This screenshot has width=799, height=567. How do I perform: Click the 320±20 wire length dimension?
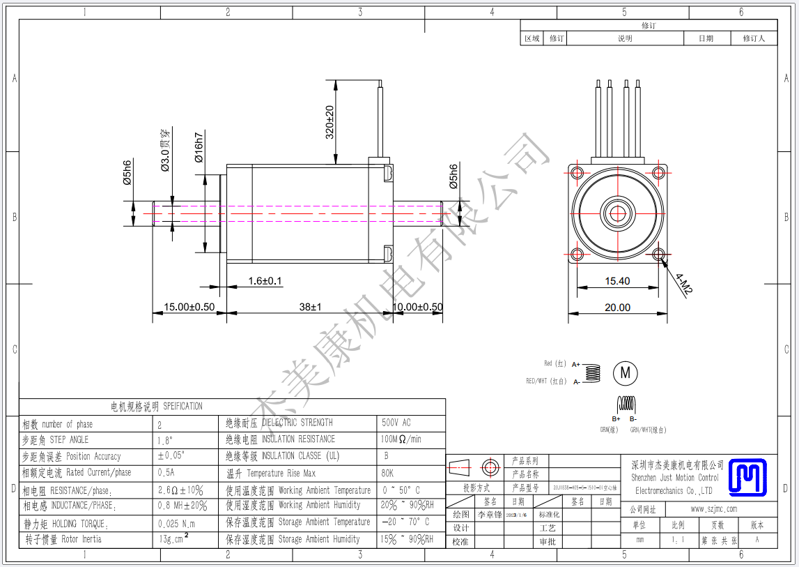pos(329,122)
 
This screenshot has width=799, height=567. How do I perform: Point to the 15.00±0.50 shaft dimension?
pos(189,307)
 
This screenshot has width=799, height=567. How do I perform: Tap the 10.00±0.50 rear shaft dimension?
pos(418,307)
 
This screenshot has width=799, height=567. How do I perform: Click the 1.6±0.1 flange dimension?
pos(265,281)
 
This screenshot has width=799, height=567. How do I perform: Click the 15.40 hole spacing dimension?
pos(617,281)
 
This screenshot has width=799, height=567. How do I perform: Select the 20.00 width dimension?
pos(617,307)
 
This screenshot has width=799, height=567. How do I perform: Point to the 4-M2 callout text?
pos(683,284)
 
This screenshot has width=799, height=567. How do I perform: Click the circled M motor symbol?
pos(625,373)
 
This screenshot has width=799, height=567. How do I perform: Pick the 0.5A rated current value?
pos(168,473)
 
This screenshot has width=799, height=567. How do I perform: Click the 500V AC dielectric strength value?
pos(396,423)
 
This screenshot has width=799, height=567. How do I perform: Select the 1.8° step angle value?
pos(166,440)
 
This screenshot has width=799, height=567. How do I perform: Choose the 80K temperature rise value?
pos(387,473)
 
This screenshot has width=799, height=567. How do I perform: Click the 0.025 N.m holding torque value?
pos(177,524)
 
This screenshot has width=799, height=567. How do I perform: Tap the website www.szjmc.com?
pos(713,509)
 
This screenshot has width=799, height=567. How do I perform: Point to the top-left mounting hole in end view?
pos(577,172)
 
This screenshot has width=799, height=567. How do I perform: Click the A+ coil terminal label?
pos(576,364)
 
